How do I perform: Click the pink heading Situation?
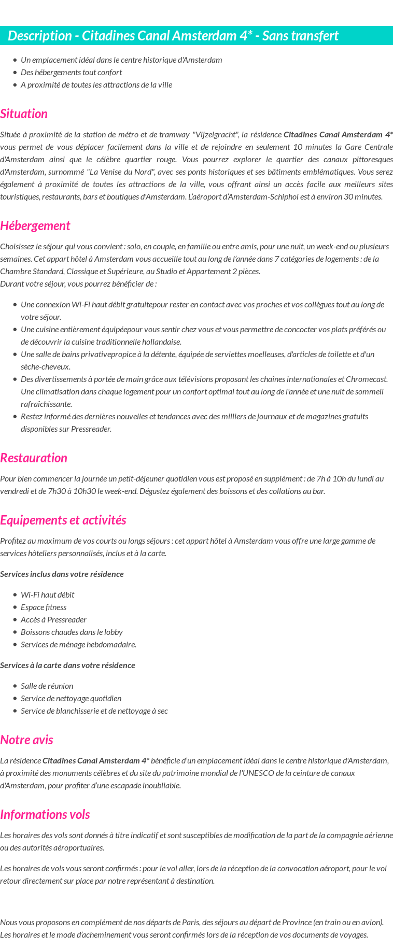pyautogui.click(x=24, y=114)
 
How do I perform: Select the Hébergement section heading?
pyautogui.click(x=35, y=226)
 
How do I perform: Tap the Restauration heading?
pyautogui.click(x=34, y=458)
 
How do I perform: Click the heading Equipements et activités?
pyautogui.click(x=63, y=520)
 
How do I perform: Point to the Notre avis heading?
pyautogui.click(x=26, y=740)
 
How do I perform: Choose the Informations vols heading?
pyautogui.click(x=45, y=815)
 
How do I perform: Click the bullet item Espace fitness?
pyautogui.click(x=44, y=607)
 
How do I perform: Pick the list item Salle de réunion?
pyautogui.click(x=47, y=686)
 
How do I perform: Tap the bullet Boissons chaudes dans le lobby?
pyautogui.click(x=72, y=632)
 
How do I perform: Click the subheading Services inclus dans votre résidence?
pyautogui.click(x=62, y=574)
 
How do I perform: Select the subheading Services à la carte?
pyautogui.click(x=67, y=665)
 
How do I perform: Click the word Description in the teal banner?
pyautogui.click(x=40, y=36)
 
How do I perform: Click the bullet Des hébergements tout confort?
pyautogui.click(x=71, y=73)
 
